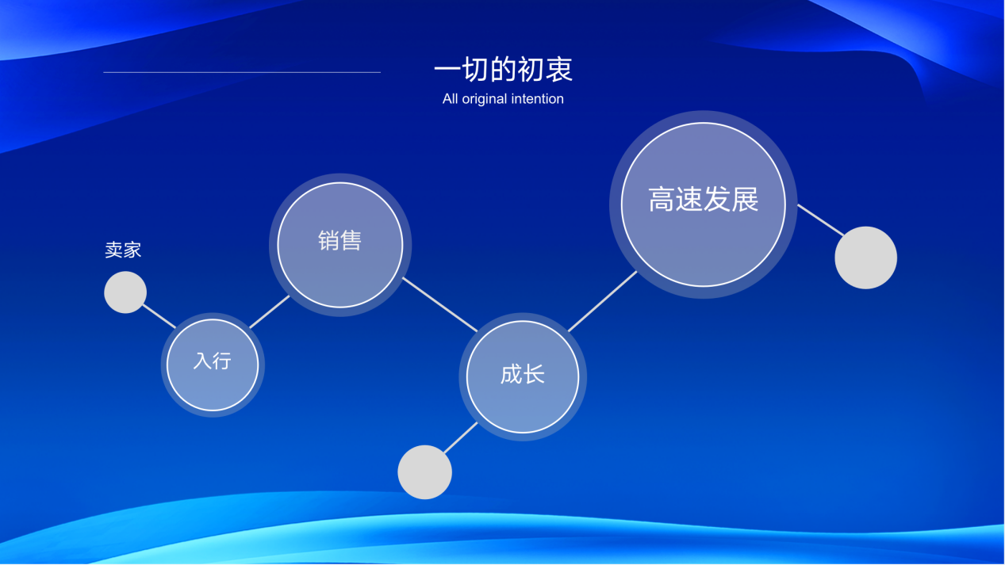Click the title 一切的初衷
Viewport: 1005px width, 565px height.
click(x=503, y=70)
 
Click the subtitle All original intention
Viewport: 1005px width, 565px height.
click(x=503, y=99)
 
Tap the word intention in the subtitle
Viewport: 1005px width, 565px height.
click(x=537, y=99)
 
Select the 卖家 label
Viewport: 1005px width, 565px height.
click(x=123, y=250)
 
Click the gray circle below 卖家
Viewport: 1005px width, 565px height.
click(x=125, y=292)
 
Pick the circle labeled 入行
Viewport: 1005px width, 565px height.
click(x=213, y=365)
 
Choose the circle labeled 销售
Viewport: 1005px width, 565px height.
click(x=340, y=245)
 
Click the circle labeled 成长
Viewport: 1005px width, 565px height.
click(x=523, y=376)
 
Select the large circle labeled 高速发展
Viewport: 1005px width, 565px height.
click(x=704, y=204)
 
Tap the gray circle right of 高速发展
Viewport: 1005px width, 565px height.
click(x=865, y=258)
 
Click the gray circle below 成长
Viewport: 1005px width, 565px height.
click(x=424, y=472)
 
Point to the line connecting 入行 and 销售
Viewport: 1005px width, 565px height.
click(x=270, y=311)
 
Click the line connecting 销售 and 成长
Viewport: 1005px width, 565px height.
click(x=440, y=304)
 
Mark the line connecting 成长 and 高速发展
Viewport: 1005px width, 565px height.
click(x=603, y=301)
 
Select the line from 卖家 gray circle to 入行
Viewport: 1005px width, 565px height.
click(x=159, y=316)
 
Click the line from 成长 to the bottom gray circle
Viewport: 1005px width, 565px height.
click(x=461, y=437)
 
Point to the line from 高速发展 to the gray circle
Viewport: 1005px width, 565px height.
click(x=821, y=220)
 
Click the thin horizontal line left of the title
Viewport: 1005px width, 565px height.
click(x=242, y=72)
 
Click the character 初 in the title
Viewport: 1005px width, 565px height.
click(x=531, y=70)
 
